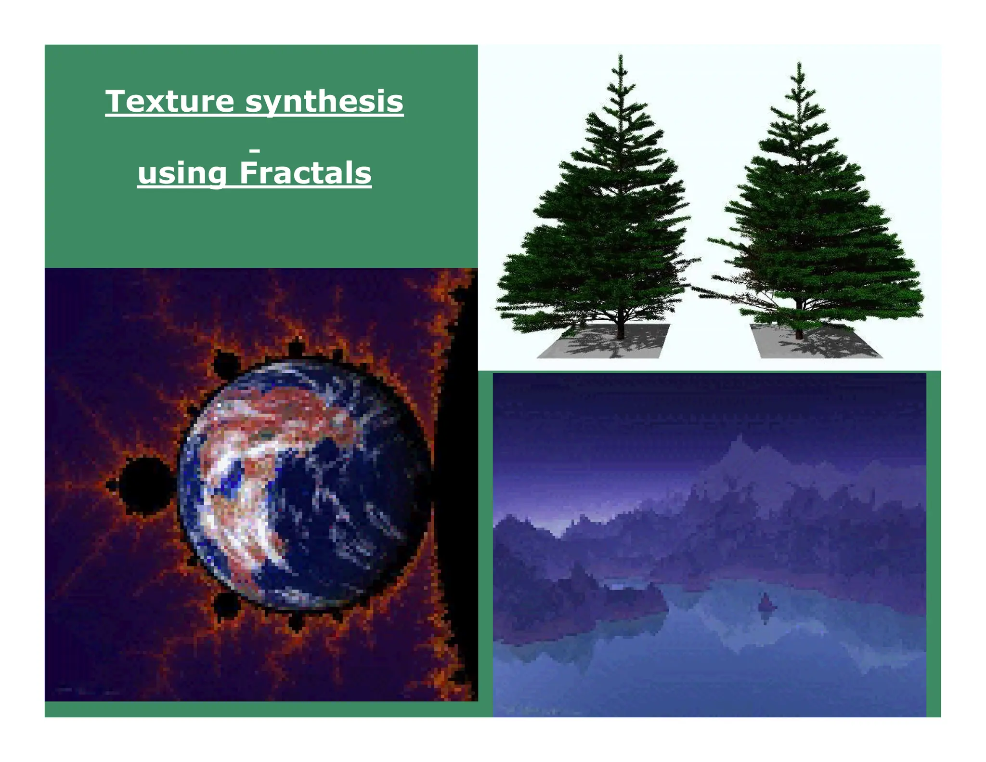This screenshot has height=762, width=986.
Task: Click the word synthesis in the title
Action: (x=324, y=102)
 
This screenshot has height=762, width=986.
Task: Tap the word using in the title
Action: (x=182, y=173)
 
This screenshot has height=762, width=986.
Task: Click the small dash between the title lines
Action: (x=255, y=151)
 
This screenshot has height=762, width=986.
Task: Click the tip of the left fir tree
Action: (x=620, y=57)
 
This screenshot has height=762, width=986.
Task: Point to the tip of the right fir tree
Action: (x=799, y=64)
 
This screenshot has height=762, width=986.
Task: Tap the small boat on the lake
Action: (x=765, y=603)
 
